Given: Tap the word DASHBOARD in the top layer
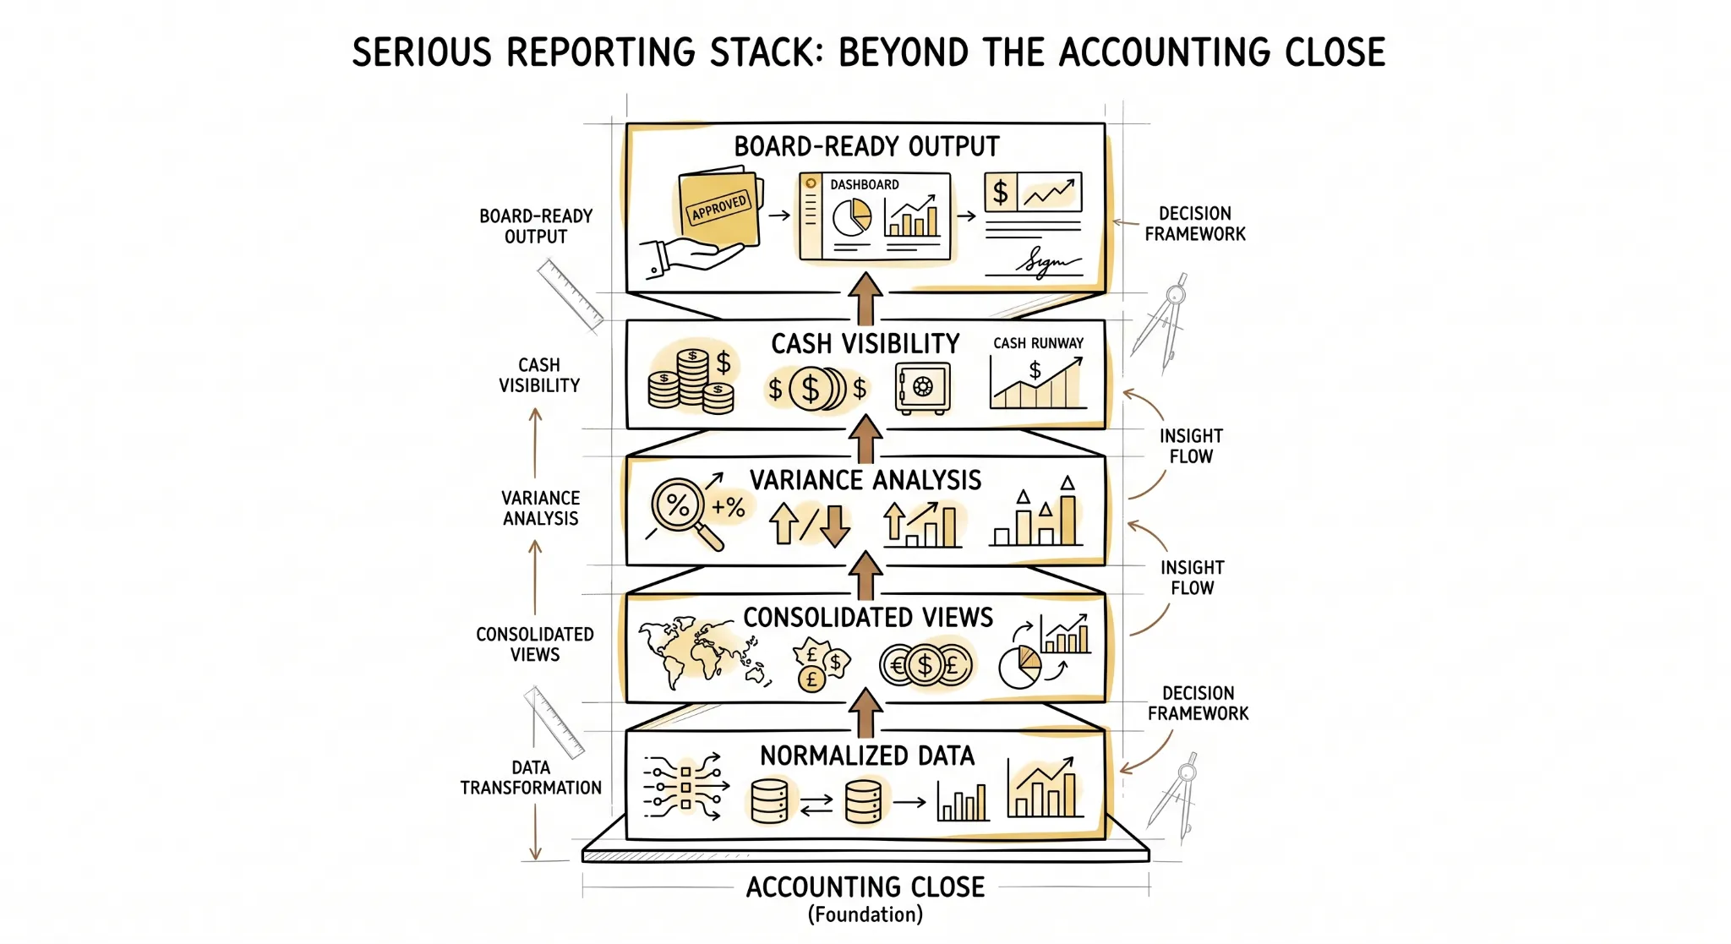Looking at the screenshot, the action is pyautogui.click(x=864, y=185).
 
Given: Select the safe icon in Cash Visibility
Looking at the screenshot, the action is pyautogui.click(x=923, y=388).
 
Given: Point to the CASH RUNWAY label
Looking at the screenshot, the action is pyautogui.click(x=1038, y=343).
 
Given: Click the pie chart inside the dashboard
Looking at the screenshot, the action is pyautogui.click(x=852, y=218).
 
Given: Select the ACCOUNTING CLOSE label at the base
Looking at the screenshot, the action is pyautogui.click(x=865, y=887).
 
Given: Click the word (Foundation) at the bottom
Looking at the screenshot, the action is pyautogui.click(x=865, y=915).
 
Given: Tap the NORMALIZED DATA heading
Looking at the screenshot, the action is pyautogui.click(x=867, y=756).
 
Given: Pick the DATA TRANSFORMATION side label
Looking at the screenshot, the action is pyautogui.click(x=531, y=778).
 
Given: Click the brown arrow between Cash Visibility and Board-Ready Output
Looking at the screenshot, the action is pyautogui.click(x=865, y=298).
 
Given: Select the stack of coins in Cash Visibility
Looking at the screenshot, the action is pyautogui.click(x=691, y=380).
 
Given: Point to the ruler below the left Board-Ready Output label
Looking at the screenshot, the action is pyautogui.click(x=571, y=294).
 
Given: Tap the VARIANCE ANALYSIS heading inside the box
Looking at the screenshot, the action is pyautogui.click(x=865, y=481).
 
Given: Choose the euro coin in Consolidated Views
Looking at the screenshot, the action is pyautogui.click(x=897, y=666).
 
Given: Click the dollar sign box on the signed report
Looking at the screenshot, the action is pyautogui.click(x=1001, y=193).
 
